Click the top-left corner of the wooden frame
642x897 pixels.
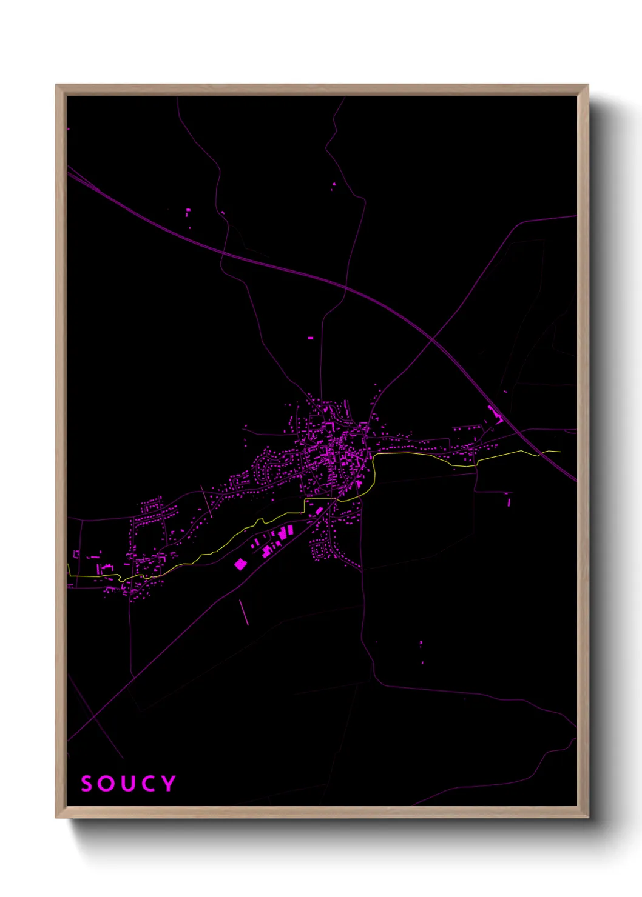coord(56,85)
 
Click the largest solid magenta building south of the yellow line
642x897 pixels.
coord(240,564)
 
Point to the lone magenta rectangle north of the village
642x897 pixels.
coord(311,338)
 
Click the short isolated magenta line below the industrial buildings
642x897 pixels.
coord(244,612)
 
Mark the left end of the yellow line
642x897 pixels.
coord(68,566)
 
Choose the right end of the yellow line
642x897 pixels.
coord(560,452)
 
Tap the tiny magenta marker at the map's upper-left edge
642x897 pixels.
coord(68,129)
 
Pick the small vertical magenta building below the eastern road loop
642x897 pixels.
coord(509,501)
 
